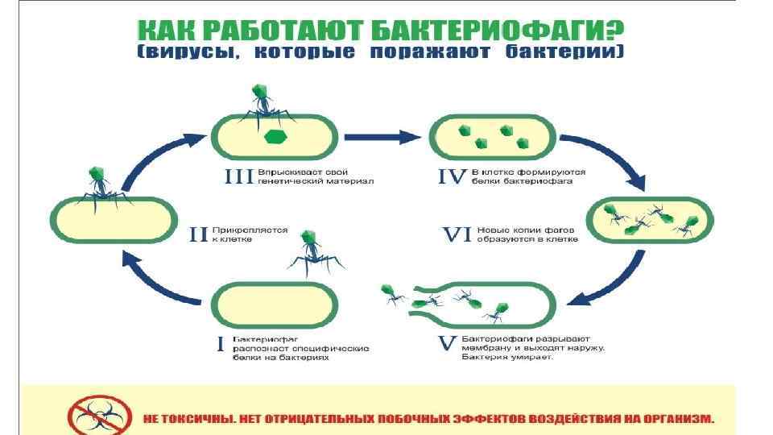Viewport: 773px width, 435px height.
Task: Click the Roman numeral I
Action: (x=221, y=345)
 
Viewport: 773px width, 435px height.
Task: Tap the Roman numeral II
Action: (x=198, y=234)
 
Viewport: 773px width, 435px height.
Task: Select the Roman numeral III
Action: (x=239, y=176)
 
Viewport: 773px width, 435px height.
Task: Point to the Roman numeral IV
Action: (x=452, y=176)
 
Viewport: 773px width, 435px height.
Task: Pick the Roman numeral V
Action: (x=447, y=345)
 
